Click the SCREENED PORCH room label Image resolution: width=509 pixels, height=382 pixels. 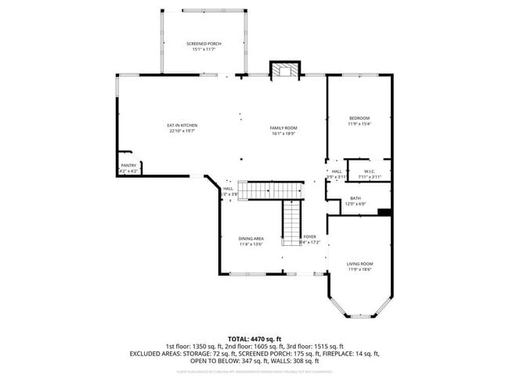click(203, 44)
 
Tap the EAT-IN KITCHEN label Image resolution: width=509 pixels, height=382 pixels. click(182, 125)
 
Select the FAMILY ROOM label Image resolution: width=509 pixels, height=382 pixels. click(283, 128)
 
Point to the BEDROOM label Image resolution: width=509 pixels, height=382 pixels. click(359, 118)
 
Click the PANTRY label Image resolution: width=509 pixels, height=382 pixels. click(128, 165)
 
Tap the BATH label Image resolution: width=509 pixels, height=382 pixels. click(356, 198)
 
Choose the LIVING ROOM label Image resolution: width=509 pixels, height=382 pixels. click(359, 264)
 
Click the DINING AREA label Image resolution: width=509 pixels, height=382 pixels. click(251, 238)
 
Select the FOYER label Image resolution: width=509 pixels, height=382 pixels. click(310, 236)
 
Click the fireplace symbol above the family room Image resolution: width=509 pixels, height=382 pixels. click(283, 70)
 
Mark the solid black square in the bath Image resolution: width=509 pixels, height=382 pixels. click(384, 211)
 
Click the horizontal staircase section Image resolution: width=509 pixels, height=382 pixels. click(270, 190)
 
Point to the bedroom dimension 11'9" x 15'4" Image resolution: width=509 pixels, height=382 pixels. click(359, 124)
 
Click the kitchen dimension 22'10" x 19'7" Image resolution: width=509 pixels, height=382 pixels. click(182, 131)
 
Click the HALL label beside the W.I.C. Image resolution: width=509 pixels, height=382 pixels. click(336, 171)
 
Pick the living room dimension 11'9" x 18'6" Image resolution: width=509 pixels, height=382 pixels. click(359, 269)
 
